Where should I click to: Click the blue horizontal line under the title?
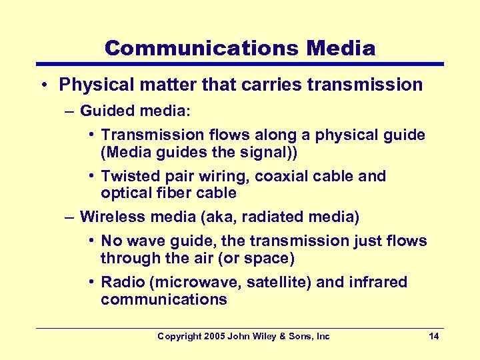tap(239, 64)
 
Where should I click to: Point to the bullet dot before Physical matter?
tap(42, 85)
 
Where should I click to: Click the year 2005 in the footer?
tap(213, 337)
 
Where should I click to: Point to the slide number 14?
tap(433, 337)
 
